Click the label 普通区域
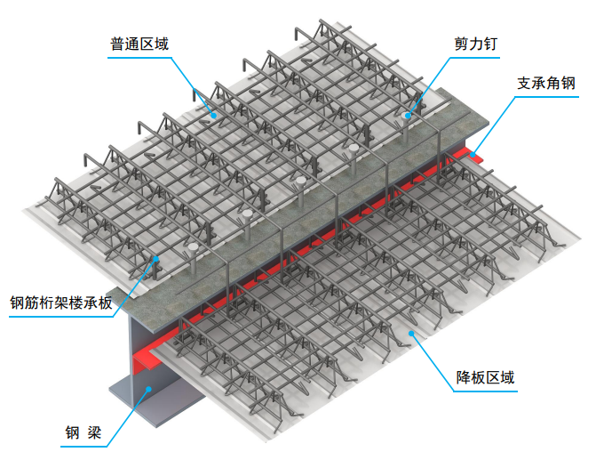tap(139, 44)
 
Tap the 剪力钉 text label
tap(475, 44)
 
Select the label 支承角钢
tap(546, 83)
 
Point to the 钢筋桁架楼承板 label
tap(61, 303)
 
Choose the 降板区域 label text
tap(485, 377)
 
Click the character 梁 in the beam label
tap(94, 432)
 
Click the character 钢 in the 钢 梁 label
tap(72, 432)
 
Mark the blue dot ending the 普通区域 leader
tap(214, 115)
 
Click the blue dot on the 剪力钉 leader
tap(408, 116)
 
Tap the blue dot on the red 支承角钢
tap(473, 155)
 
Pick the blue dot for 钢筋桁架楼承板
tap(155, 259)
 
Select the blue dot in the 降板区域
tap(411, 334)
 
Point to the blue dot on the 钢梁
tap(149, 389)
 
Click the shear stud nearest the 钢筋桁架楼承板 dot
tap(194, 259)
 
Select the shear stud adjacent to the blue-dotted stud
tap(354, 159)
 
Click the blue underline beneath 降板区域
tap(485, 391)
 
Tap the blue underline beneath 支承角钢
tap(546, 97)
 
